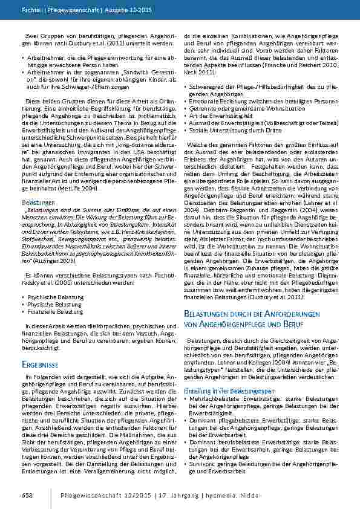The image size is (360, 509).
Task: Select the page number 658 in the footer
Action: point(27,495)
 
